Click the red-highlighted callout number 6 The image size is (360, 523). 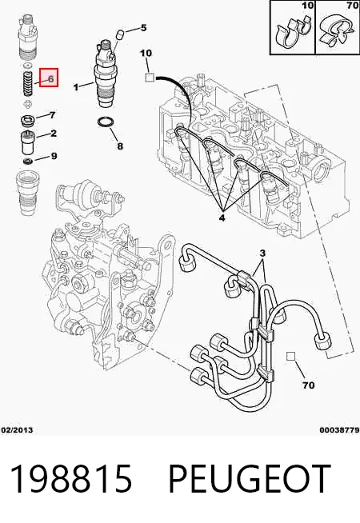pyautogui.click(x=50, y=79)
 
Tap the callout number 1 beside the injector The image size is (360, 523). pyautogui.click(x=76, y=87)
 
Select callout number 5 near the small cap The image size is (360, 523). pyautogui.click(x=143, y=28)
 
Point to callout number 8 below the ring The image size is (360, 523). pyautogui.click(x=120, y=146)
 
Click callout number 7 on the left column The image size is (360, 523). pyautogui.click(x=52, y=115)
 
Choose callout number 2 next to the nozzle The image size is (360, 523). pyautogui.click(x=54, y=134)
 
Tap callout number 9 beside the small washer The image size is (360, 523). pyautogui.click(x=54, y=156)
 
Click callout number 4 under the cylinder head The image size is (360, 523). pyautogui.click(x=222, y=218)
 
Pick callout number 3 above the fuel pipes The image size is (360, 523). pyautogui.click(x=262, y=254)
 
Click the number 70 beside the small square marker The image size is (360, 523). pyautogui.click(x=308, y=385)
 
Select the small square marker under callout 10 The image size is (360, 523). pyautogui.click(x=149, y=78)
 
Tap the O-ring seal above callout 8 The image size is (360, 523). pyautogui.click(x=106, y=122)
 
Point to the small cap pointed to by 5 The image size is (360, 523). pyautogui.click(x=121, y=34)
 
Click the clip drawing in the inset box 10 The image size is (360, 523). pyautogui.click(x=292, y=31)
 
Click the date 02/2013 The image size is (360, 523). pyautogui.click(x=18, y=430)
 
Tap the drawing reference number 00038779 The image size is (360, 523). pyautogui.click(x=340, y=430)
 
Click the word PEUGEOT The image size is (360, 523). pyautogui.click(x=250, y=479)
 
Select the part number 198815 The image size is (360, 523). pyautogui.click(x=71, y=479)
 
